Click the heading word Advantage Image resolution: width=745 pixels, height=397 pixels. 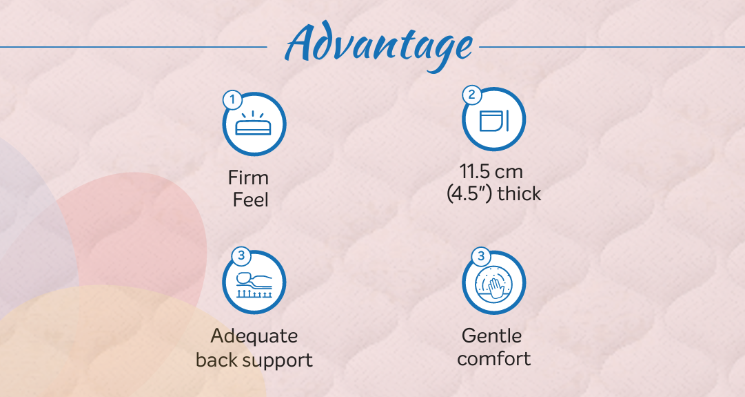click(x=378, y=46)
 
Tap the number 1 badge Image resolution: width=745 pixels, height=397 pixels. click(x=232, y=100)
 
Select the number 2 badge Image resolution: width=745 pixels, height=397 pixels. click(x=472, y=95)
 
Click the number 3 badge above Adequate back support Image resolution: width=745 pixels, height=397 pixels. click(x=241, y=256)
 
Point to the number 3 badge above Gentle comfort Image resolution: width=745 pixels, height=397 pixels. click(x=481, y=257)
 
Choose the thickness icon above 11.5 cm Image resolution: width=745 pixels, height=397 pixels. click(x=494, y=120)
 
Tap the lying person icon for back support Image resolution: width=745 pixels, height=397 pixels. click(x=254, y=284)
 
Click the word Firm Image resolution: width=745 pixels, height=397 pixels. click(x=248, y=177)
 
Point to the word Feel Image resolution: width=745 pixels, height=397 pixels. click(x=250, y=200)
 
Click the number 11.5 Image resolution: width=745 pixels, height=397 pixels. click(x=474, y=171)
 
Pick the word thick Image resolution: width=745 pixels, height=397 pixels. click(x=520, y=193)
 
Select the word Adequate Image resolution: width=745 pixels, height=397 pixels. click(x=254, y=336)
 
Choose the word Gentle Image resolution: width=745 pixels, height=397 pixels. click(x=492, y=336)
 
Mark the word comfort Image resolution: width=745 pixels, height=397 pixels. click(x=494, y=358)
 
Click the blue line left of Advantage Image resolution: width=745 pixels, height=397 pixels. click(x=134, y=47)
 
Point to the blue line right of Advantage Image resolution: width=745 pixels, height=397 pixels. click(x=612, y=47)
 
